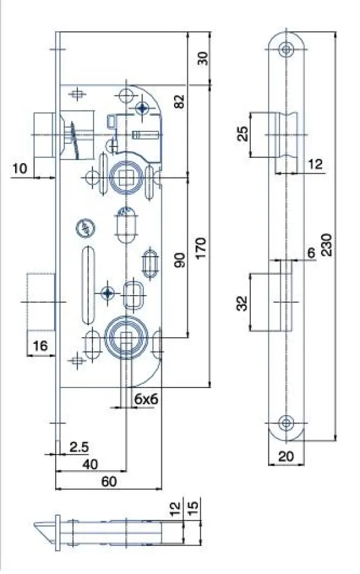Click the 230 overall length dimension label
326,245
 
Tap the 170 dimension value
200,248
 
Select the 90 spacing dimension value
179,260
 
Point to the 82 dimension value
179,101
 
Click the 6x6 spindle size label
146,399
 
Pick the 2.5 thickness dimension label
79,447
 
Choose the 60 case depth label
109,482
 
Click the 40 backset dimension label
90,464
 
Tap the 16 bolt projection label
40,345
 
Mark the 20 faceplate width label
286,456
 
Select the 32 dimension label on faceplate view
242,303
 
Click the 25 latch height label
243,134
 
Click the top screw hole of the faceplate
286,49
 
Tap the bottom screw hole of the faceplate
286,423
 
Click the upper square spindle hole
125,178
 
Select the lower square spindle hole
126,338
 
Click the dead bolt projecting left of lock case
41,301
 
